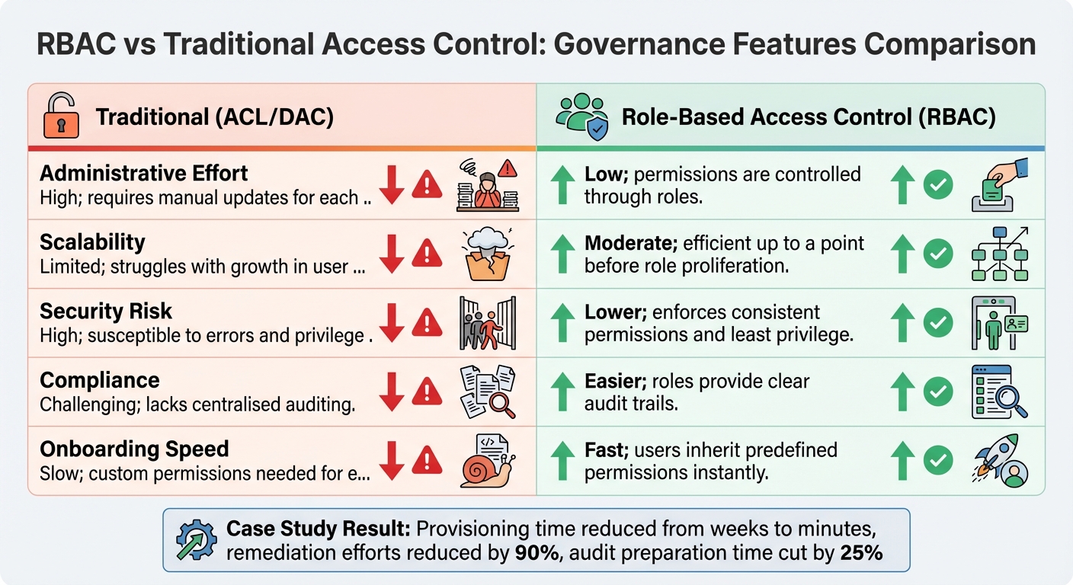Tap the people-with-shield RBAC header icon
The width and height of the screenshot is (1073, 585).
coord(581,117)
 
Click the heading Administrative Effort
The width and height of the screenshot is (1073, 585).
coord(144,174)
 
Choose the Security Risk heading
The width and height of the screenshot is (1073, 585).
coord(106,312)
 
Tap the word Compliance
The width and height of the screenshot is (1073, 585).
coord(100,380)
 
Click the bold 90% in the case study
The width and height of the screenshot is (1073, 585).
coord(526,553)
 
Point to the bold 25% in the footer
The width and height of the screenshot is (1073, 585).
coord(861,553)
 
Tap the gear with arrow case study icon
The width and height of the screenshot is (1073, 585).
coord(196,541)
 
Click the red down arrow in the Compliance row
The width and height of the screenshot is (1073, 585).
coord(391,392)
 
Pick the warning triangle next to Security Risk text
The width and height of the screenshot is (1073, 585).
coord(427,323)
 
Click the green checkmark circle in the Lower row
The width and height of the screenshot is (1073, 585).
coord(938,323)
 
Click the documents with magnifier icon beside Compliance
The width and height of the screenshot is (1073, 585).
coord(487,392)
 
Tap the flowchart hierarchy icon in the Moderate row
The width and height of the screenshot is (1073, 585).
coord(1000,254)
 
